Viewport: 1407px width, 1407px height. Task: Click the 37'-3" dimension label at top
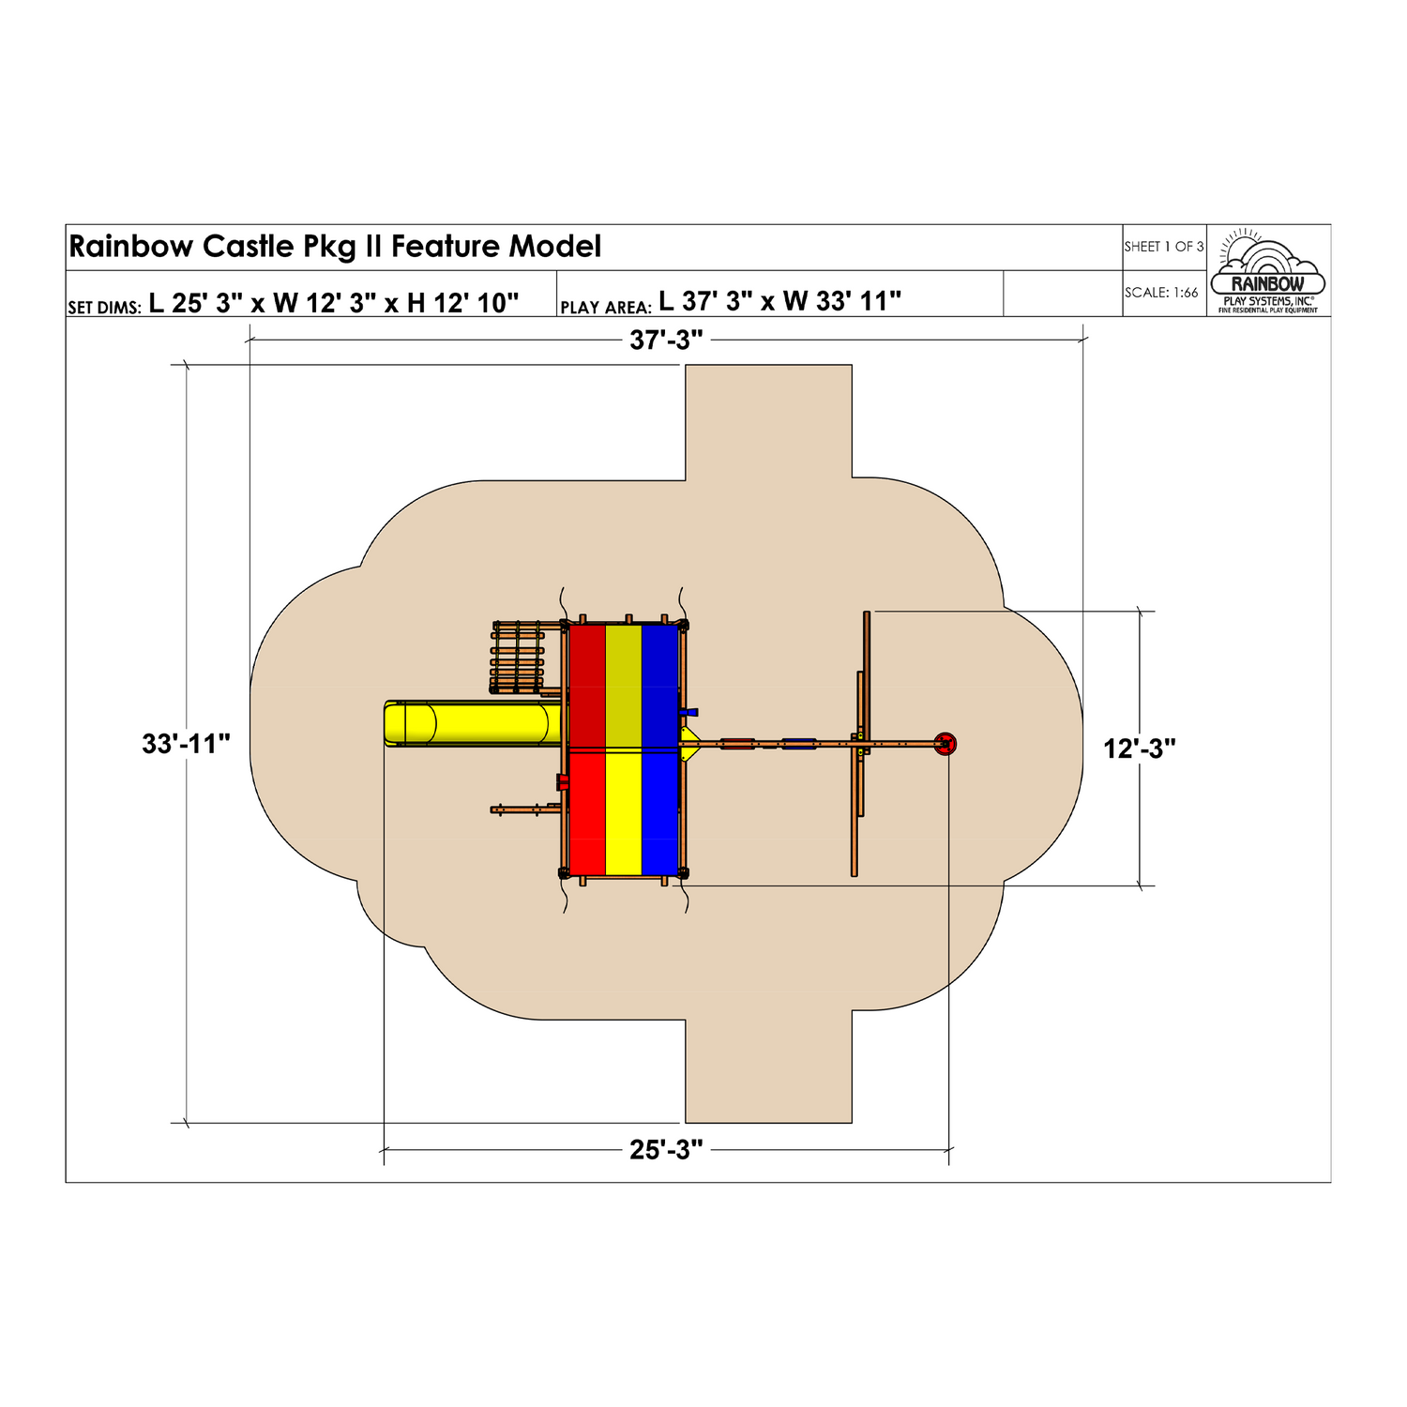(x=666, y=340)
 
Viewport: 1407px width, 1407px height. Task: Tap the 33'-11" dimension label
(x=186, y=744)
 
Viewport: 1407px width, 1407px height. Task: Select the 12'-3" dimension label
(x=1140, y=749)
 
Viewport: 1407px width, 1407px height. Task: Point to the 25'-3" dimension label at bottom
(x=666, y=1150)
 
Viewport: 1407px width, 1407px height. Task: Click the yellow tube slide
(x=473, y=724)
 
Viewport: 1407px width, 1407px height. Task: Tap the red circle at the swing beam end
(x=946, y=745)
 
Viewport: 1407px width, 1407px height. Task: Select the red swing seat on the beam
(x=737, y=744)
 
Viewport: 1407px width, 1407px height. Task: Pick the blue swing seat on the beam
(x=800, y=744)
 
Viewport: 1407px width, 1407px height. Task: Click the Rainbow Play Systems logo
(x=1268, y=271)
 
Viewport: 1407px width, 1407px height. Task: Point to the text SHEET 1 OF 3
(x=1164, y=247)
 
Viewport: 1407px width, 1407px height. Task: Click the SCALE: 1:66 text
(x=1161, y=293)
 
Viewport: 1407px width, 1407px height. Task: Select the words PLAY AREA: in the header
(x=606, y=308)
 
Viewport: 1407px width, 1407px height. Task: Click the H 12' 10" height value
(x=463, y=302)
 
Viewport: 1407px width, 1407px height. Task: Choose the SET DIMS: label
(x=105, y=308)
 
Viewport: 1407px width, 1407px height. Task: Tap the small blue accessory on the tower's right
(x=689, y=712)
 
